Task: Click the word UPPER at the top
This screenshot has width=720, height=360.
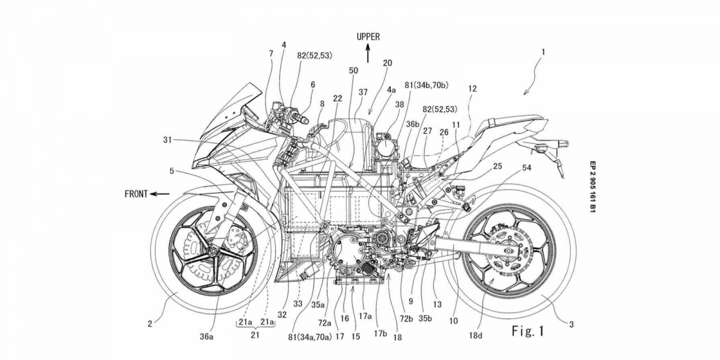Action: tap(368, 37)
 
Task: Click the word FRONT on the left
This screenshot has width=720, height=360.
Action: tap(136, 194)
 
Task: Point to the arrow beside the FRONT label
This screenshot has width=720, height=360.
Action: tap(160, 194)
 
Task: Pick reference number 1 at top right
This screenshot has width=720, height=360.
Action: tap(543, 52)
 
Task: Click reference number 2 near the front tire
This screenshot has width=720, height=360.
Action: tap(149, 325)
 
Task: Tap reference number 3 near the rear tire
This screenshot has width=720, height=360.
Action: tap(572, 325)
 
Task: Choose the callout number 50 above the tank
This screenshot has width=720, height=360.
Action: tap(353, 70)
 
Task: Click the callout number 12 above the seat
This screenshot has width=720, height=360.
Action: tap(473, 88)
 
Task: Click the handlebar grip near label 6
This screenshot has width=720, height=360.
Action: tap(302, 113)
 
